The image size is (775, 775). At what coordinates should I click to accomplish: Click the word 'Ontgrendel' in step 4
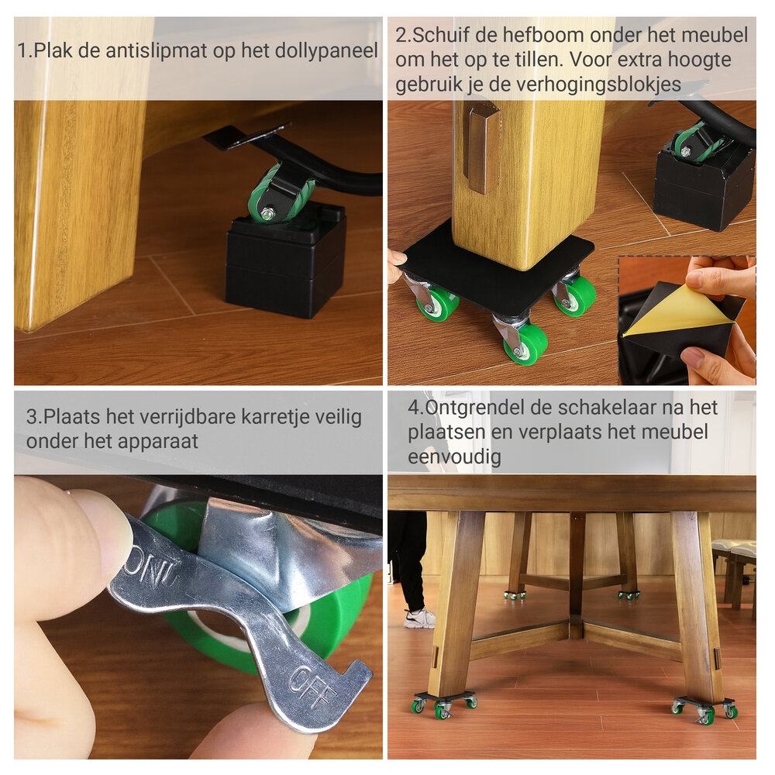point(474,408)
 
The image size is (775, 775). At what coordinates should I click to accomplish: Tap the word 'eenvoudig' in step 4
point(454,456)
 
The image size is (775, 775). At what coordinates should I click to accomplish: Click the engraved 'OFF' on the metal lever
point(311,686)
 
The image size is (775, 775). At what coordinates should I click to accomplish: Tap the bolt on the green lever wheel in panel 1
point(267,214)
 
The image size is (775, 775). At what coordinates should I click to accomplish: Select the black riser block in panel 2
point(704,186)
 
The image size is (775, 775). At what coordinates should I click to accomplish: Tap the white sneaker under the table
point(419,618)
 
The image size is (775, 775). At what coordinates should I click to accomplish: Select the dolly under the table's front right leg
point(704,710)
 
